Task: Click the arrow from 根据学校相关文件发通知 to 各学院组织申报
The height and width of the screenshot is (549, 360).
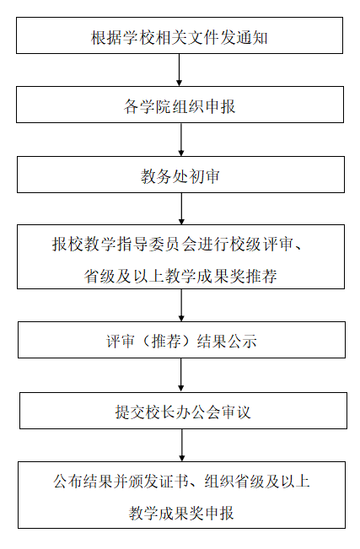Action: point(179,70)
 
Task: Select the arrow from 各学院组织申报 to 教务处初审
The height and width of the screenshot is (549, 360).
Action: point(181,140)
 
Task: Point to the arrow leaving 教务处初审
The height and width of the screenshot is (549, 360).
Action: point(181,208)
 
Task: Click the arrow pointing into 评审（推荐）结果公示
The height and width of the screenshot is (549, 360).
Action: point(181,305)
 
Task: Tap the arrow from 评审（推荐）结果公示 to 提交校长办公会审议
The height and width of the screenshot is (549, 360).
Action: point(181,375)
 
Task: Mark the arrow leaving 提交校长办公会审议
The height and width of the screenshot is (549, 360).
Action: point(182,445)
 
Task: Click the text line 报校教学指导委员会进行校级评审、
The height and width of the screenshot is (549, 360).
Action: point(177,244)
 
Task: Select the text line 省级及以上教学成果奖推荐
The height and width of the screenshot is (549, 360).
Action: point(180,277)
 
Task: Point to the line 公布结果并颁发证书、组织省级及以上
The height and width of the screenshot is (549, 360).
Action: point(182,481)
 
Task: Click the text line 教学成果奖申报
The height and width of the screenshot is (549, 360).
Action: point(181,514)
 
